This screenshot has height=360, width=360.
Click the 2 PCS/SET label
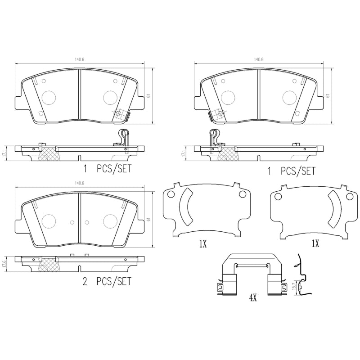(x=107, y=282)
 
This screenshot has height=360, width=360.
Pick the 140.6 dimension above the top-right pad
(x=258, y=59)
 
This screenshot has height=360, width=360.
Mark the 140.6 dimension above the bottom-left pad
(x=80, y=183)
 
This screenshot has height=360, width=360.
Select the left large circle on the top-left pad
(x=48, y=97)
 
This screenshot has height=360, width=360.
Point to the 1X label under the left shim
(x=202, y=244)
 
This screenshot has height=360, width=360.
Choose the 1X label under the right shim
(x=315, y=244)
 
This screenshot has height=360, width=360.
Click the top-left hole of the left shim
(x=171, y=194)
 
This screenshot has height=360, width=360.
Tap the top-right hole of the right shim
(x=349, y=197)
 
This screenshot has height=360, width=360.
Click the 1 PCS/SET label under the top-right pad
(x=291, y=171)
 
